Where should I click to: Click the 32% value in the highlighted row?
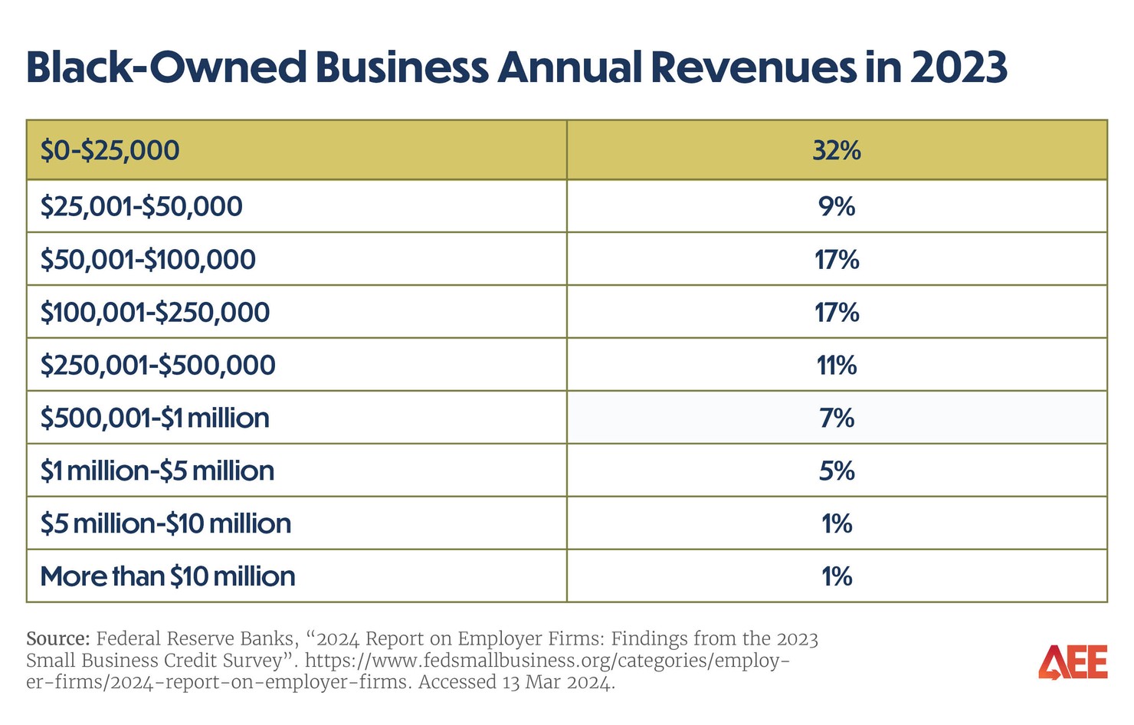[836, 150]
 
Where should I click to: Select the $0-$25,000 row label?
[110, 150]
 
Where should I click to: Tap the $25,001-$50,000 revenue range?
[141, 206]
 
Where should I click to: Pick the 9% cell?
[836, 206]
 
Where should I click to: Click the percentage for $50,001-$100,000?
[836, 260]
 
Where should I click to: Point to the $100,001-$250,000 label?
[155, 313]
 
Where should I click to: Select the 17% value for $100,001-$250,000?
[836, 313]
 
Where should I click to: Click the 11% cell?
[836, 366]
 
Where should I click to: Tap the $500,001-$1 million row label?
[155, 418]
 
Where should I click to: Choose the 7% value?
[836, 418]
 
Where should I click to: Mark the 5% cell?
[836, 471]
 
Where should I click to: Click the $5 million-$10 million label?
[166, 523]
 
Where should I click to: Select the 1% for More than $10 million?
[836, 576]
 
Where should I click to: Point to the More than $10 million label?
[167, 576]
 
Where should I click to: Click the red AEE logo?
[1073, 662]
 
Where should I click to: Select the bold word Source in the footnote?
[58, 639]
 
